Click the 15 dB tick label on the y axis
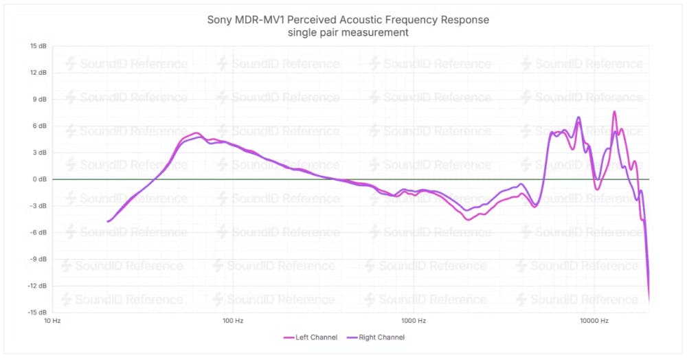(38, 46)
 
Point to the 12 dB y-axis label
(38, 73)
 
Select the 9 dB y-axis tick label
(40, 100)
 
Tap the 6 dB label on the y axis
(40, 126)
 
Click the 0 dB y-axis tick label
(40, 179)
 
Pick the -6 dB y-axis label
(38, 233)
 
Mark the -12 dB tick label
(37, 286)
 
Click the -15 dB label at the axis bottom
(37, 313)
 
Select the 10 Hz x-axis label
(52, 321)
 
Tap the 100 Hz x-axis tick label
(233, 321)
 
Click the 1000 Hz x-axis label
(413, 321)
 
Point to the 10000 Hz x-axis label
(594, 321)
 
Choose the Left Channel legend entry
(308, 337)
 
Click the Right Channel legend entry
(376, 337)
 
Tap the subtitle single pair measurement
(348, 32)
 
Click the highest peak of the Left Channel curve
(615, 111)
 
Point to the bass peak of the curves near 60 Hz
(196, 133)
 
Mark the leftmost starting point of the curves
(108, 221)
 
